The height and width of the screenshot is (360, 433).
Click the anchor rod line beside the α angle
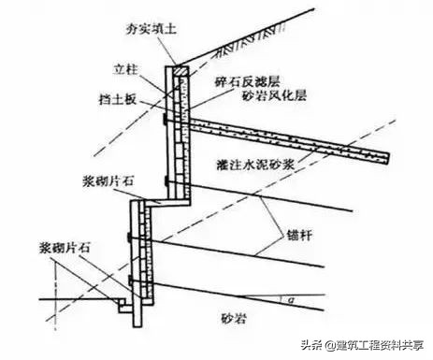pos(243,290)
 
